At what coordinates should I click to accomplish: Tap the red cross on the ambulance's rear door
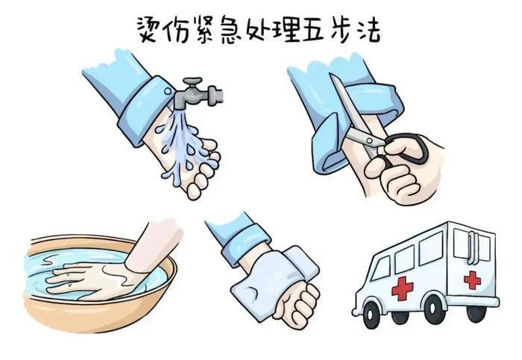(472, 280)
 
